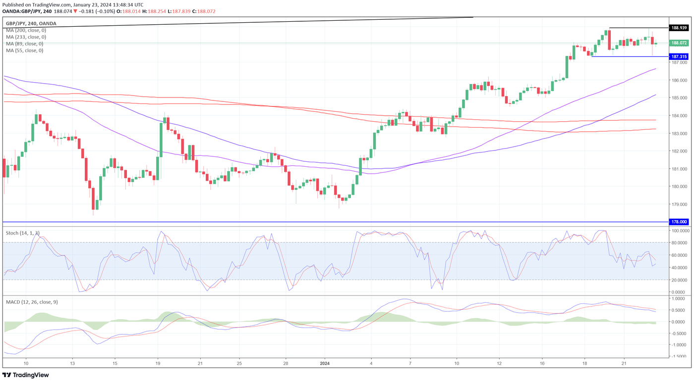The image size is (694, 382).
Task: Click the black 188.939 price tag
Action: [679, 28]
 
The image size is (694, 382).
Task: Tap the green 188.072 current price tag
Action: [679, 43]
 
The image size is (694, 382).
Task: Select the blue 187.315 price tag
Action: [679, 57]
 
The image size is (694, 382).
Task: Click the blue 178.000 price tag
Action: [679, 222]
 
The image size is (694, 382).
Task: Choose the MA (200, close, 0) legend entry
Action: [26, 30]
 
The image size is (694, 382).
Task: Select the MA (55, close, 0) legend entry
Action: [24, 50]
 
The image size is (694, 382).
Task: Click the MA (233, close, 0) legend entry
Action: [26, 37]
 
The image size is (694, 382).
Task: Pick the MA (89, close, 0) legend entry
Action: [24, 44]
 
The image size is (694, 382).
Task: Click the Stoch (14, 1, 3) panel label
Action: [23, 232]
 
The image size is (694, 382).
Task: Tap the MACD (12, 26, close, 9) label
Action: [32, 302]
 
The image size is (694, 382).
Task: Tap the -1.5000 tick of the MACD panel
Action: [680, 356]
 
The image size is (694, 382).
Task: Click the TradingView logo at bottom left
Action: [27, 375]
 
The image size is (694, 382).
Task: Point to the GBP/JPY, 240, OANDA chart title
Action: [31, 23]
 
